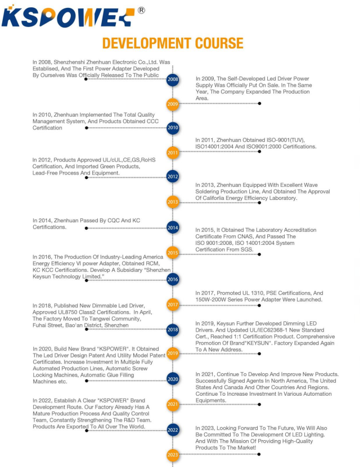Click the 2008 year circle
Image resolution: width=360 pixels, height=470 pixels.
coord(173,79)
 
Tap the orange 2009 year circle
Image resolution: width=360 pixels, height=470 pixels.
coord(173,104)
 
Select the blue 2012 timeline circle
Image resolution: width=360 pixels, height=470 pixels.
coord(173,177)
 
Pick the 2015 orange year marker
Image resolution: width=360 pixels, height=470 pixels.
coord(173,253)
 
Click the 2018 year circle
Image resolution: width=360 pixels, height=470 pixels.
coord(173,330)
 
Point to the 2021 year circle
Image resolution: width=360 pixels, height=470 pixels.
coord(173,404)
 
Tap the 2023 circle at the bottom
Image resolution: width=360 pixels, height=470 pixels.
coord(173,454)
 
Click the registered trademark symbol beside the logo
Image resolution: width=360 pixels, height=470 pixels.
coord(141,10)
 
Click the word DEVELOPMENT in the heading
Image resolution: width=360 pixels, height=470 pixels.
coord(146,43)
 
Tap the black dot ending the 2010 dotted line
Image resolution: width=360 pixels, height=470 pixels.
coord(87,128)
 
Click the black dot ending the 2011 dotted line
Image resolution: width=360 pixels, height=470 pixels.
coord(259,153)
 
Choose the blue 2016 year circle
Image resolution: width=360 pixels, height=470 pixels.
coord(173,279)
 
